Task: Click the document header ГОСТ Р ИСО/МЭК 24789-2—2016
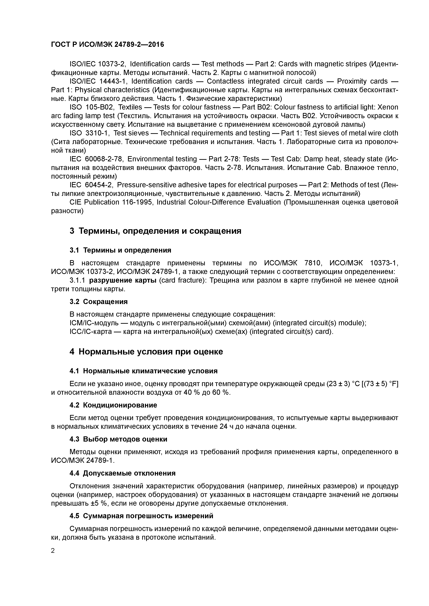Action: pos(107,45)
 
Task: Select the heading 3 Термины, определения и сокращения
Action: pos(155,231)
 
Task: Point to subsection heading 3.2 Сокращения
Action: pos(99,301)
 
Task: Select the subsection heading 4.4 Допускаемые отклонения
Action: pos(122,473)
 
